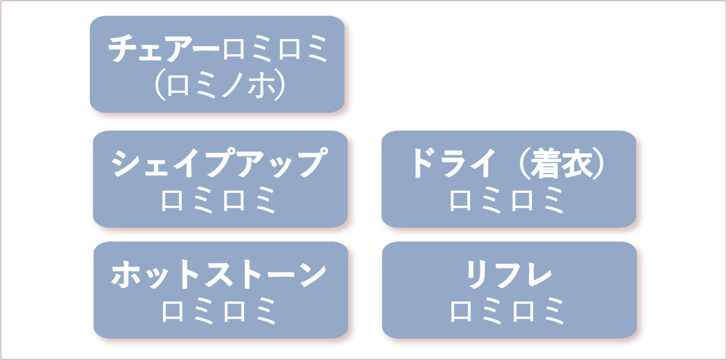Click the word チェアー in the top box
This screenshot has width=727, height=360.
click(x=164, y=48)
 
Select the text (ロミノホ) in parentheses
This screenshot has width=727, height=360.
click(x=220, y=84)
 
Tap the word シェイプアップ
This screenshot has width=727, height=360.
click(x=219, y=162)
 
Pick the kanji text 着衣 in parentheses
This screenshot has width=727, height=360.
click(x=562, y=164)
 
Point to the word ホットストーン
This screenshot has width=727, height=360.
click(x=219, y=274)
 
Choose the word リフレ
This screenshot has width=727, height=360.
click(x=509, y=275)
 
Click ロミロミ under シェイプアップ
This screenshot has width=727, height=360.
click(x=219, y=200)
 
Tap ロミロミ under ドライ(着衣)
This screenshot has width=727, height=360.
click(x=507, y=200)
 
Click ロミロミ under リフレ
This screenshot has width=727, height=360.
click(x=507, y=311)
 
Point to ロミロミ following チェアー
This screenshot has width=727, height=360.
click(x=275, y=48)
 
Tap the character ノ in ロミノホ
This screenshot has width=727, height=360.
click(x=233, y=84)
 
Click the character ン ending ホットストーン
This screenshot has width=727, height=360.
click(x=312, y=275)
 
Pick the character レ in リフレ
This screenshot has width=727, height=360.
click(x=538, y=275)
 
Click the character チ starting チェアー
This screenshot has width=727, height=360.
click(x=122, y=48)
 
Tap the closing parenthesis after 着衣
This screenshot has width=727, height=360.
click(x=599, y=164)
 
